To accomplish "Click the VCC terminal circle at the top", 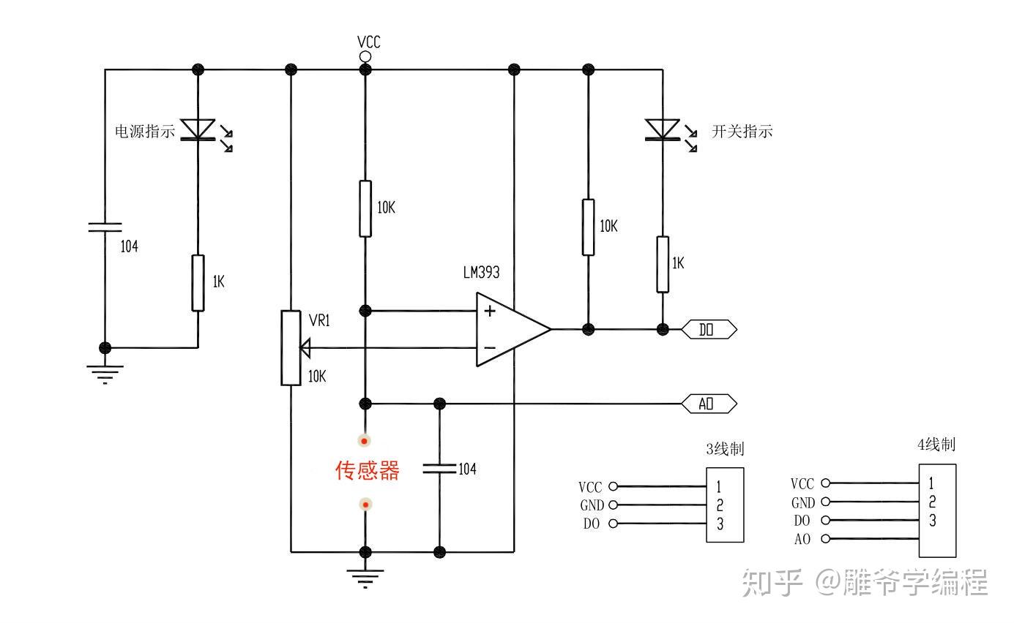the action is click(x=365, y=57).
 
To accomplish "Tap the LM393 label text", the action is click(x=481, y=272).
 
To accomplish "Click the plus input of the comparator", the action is click(x=490, y=311).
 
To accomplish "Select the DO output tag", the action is click(x=709, y=330).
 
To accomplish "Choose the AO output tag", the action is click(x=709, y=404).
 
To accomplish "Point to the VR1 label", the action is click(x=319, y=320).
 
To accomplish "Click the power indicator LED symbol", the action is click(x=206, y=132).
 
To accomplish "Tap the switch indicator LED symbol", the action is click(x=671, y=132).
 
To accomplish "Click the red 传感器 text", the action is click(x=367, y=470).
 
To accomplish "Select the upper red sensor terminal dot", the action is click(x=365, y=441).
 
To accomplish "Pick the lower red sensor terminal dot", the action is click(x=365, y=505).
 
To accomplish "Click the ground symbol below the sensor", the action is click(x=365, y=578).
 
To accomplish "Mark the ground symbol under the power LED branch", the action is click(x=105, y=374).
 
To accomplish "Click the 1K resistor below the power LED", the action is click(x=198, y=283).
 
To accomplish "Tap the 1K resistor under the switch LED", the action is click(x=663, y=265).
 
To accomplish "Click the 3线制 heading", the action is click(x=725, y=449).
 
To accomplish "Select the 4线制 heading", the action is click(x=936, y=445).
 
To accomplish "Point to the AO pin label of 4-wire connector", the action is click(x=802, y=539).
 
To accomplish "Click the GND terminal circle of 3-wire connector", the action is click(x=614, y=505).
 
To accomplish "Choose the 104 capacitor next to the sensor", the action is click(x=439, y=469).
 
